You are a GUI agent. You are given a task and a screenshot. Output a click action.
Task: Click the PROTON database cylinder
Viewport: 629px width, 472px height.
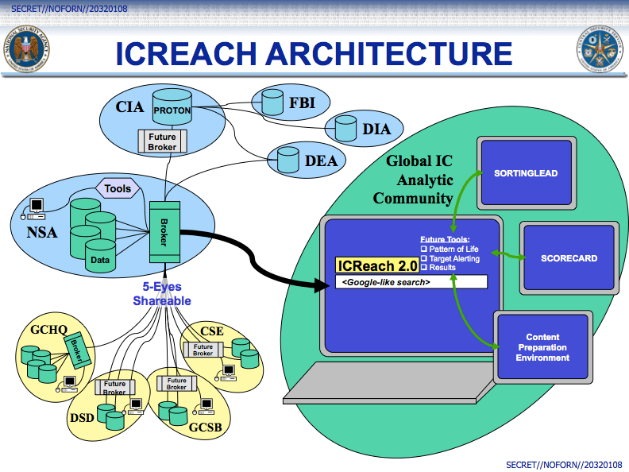(172, 106)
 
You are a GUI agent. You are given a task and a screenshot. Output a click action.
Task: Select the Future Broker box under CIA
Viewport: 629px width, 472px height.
(163, 141)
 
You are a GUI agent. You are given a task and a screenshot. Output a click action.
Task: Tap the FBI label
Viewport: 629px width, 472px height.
(302, 103)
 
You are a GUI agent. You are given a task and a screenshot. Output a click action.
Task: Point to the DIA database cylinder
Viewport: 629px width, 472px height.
(345, 129)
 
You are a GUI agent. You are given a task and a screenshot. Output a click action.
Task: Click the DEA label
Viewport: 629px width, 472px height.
(321, 161)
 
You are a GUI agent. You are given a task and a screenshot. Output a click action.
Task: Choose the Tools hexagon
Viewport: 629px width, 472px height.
(118, 188)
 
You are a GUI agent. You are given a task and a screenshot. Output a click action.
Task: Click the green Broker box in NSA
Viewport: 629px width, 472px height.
(164, 232)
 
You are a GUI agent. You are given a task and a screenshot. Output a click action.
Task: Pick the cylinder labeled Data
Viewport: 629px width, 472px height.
(100, 256)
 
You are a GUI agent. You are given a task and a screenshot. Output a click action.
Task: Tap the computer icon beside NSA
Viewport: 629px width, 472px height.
(33, 209)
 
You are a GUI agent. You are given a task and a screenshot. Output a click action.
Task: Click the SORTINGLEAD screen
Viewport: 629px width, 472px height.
(527, 173)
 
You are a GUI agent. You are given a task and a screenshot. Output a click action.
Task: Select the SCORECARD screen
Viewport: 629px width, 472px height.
(569, 258)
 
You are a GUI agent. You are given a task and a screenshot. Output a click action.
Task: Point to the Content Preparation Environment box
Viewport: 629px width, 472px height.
(542, 347)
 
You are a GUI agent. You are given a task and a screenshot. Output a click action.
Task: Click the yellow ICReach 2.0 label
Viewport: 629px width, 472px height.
(377, 265)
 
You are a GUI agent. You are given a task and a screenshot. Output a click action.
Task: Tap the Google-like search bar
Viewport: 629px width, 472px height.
(411, 282)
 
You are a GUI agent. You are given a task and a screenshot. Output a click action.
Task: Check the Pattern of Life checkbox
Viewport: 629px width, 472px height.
(423, 249)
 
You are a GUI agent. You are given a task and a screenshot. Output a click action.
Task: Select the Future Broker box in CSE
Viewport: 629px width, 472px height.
(203, 350)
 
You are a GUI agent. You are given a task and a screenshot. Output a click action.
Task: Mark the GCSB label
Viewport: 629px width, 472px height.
(206, 428)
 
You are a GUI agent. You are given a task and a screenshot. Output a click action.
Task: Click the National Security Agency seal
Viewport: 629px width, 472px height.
(26, 49)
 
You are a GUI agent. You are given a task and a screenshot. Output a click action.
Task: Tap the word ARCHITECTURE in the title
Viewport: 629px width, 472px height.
(389, 53)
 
